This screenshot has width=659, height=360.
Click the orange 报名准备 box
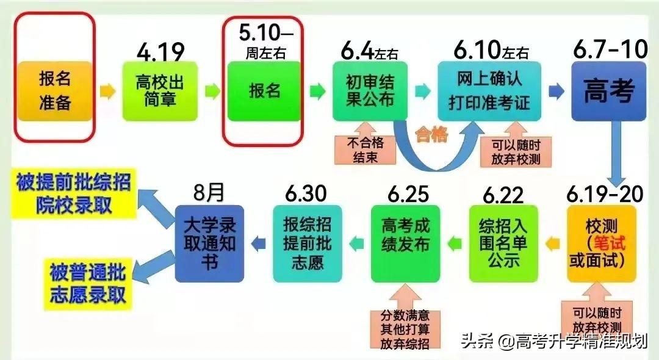coord(55,90)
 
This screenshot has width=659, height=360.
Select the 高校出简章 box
coord(160,90)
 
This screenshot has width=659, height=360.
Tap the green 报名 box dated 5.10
coord(265,90)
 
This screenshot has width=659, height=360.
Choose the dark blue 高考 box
coord(609,90)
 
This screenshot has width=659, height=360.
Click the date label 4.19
coord(160,52)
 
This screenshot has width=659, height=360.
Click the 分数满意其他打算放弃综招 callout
coord(405,329)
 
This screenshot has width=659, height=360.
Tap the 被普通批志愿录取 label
coord(88,284)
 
